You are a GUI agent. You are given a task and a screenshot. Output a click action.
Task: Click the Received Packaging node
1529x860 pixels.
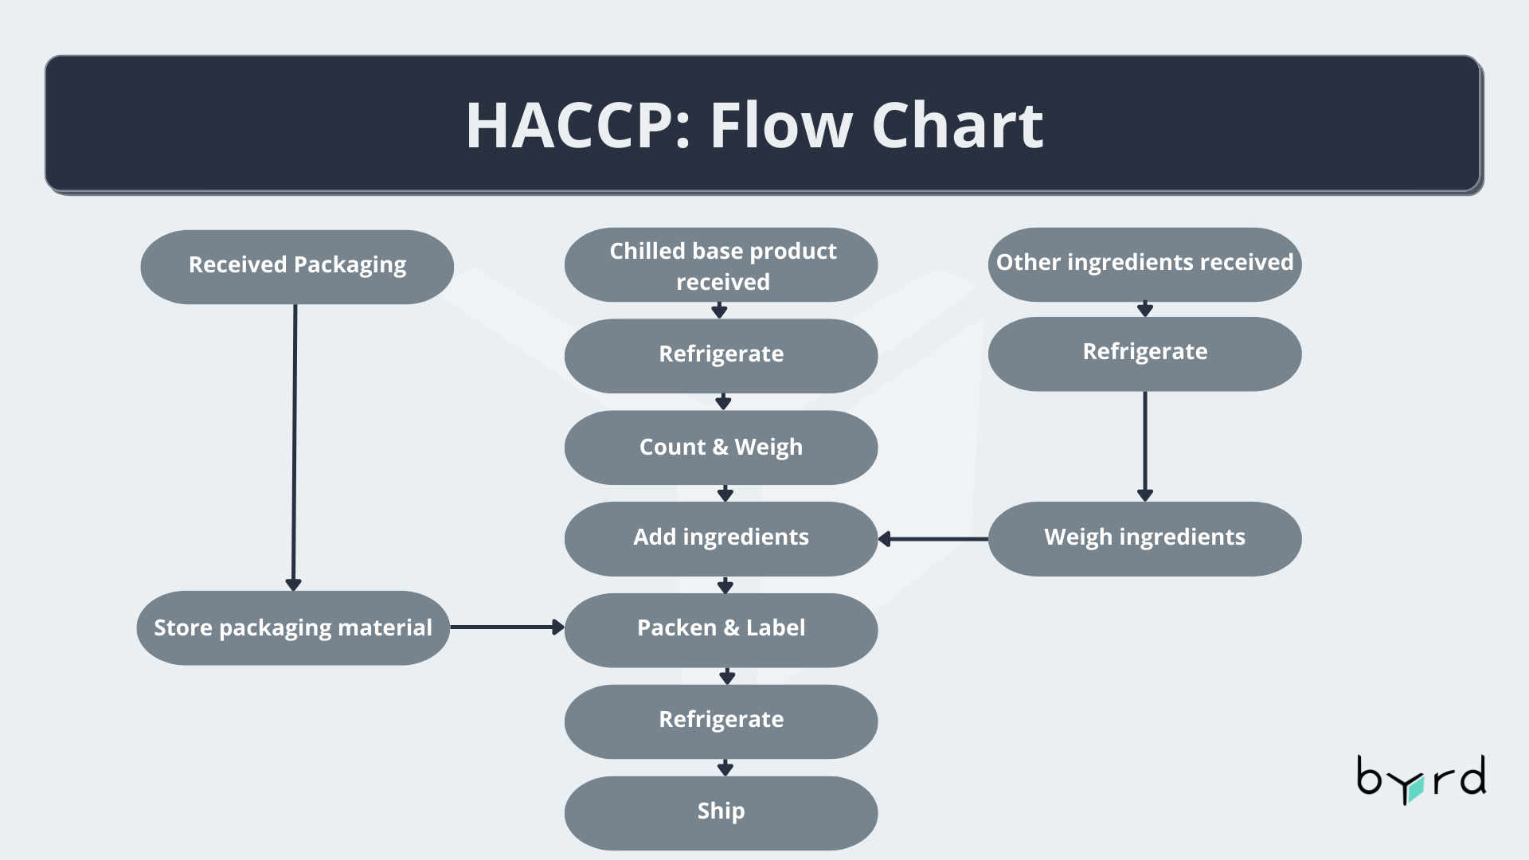297,267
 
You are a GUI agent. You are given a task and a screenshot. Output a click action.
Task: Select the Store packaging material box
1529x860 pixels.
293,628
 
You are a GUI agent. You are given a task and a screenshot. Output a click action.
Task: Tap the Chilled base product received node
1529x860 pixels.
721,265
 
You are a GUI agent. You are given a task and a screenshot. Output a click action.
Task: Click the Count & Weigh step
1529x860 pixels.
721,448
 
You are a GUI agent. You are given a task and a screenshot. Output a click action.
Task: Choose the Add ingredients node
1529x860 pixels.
721,538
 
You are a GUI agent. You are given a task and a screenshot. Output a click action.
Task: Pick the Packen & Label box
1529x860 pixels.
721,629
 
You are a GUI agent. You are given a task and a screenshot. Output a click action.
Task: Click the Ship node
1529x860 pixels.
721,812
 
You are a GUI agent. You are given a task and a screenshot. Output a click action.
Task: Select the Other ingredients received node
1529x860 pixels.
1144,264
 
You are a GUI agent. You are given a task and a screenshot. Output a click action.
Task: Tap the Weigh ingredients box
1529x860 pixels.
1144,538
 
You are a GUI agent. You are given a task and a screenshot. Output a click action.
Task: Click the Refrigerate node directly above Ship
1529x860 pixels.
721,721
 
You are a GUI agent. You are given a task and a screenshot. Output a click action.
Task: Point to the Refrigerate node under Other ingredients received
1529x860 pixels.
1144,354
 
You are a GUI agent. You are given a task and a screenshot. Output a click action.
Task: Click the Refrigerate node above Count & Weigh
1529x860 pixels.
721,355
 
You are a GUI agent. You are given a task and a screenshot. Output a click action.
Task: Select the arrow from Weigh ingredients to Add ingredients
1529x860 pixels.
933,539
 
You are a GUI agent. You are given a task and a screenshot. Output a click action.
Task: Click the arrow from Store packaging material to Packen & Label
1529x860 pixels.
506,627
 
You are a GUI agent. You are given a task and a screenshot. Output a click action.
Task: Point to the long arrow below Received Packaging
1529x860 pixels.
294,446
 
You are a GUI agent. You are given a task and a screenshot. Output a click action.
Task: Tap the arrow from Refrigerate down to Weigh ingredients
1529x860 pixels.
1145,446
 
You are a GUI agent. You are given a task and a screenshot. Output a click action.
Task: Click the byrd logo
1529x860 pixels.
1421,779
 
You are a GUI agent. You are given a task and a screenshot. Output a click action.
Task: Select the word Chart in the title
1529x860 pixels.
957,126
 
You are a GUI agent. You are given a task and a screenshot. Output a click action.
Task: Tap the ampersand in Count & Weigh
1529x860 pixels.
720,448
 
